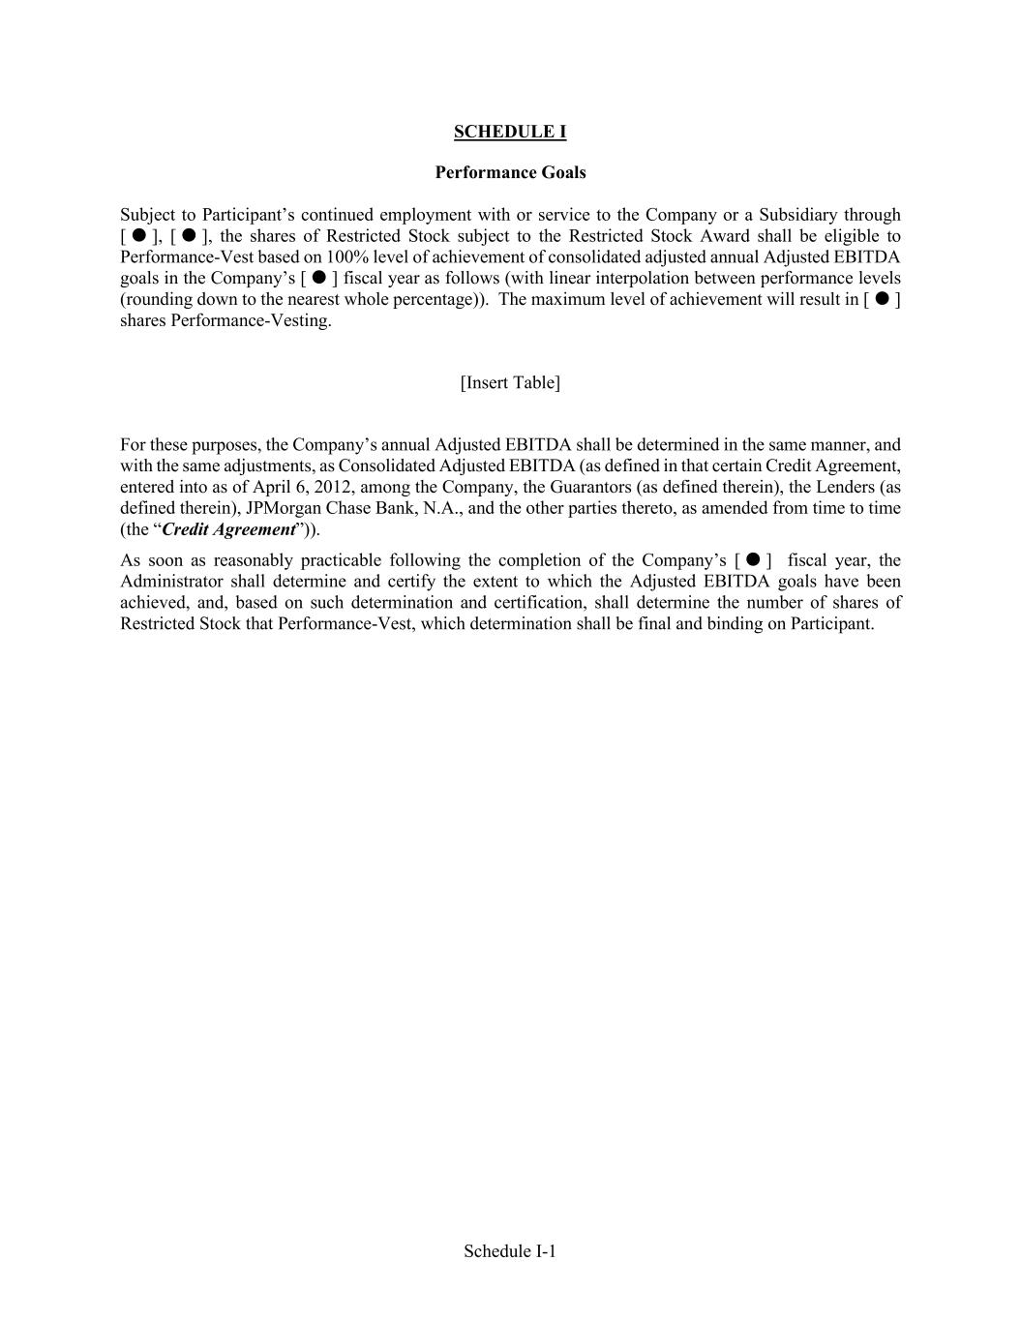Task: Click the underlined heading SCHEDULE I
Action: (510, 132)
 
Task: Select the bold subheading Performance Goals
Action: (510, 172)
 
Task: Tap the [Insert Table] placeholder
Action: (510, 382)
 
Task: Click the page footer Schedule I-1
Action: (510, 1250)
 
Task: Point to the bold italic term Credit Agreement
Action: (228, 529)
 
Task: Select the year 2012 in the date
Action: (332, 487)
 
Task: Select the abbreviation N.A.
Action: (441, 508)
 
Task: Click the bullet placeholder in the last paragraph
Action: (752, 560)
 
